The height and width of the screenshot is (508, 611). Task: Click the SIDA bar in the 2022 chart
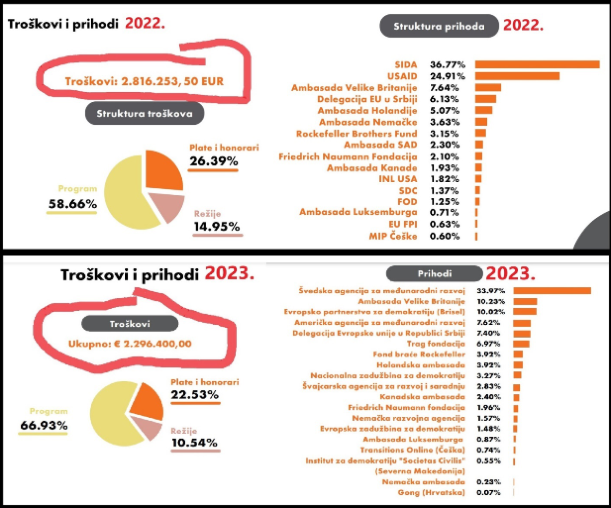pyautogui.click(x=537, y=65)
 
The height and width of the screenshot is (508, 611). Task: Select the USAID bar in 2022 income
pyautogui.click(x=517, y=76)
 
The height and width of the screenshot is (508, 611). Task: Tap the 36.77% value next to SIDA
pyautogui.click(x=447, y=65)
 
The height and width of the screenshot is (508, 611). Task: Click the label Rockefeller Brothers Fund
pyautogui.click(x=356, y=134)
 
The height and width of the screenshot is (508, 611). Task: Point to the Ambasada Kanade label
pyautogui.click(x=372, y=168)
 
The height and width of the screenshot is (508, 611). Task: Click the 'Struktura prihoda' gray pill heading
pyautogui.click(x=439, y=26)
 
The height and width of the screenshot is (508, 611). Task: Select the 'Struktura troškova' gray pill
pyautogui.click(x=145, y=114)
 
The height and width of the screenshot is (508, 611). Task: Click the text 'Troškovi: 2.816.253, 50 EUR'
pyautogui.click(x=144, y=81)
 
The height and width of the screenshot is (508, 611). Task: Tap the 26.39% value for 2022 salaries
pyautogui.click(x=214, y=161)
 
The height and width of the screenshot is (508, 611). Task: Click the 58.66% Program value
pyautogui.click(x=72, y=204)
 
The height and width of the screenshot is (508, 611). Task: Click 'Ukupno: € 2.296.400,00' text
pyautogui.click(x=130, y=344)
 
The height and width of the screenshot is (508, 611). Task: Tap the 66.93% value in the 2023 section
pyautogui.click(x=44, y=426)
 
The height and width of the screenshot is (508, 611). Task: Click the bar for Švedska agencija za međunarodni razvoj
pyautogui.click(x=552, y=291)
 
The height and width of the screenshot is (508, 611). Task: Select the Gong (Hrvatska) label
pyautogui.click(x=431, y=492)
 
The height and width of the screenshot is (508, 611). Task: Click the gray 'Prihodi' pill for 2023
pyautogui.click(x=433, y=274)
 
